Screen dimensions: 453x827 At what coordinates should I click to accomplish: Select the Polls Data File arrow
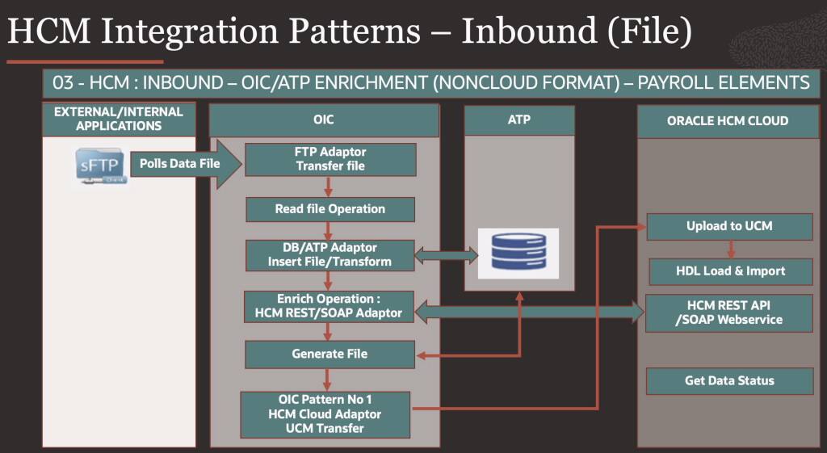185,164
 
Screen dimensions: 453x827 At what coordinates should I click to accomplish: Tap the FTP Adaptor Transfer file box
330,159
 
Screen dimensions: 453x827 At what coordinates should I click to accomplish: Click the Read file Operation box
330,209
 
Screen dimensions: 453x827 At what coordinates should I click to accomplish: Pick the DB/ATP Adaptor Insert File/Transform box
330,254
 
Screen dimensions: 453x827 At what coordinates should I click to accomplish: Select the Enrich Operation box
330,306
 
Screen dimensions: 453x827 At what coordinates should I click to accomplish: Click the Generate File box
330,354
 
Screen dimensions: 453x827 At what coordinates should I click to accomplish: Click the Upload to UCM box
729,226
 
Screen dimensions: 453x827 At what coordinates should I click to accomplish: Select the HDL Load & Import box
730,271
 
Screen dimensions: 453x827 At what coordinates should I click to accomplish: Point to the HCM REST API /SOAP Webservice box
729,312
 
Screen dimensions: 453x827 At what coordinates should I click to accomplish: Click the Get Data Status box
729,380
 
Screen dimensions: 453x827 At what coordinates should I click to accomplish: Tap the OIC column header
324,120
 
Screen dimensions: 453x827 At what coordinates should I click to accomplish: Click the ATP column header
519,120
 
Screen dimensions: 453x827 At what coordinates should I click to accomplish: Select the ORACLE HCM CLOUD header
727,121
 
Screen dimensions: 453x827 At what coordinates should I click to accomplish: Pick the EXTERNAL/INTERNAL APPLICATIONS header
119,119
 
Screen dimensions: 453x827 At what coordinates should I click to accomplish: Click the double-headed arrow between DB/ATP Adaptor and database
446,257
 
